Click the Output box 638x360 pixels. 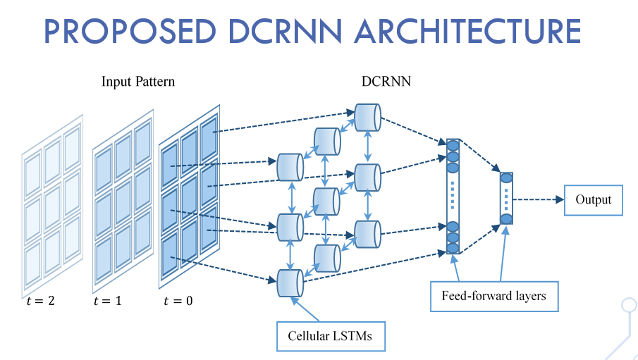coord(593,200)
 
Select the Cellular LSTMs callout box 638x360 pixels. coord(329,335)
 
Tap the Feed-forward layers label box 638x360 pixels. coord(493,296)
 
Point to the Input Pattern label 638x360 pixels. coord(138,82)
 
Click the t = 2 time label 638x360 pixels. coord(38,302)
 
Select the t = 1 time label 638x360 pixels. coord(107,302)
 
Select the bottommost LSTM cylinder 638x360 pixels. coord(290,283)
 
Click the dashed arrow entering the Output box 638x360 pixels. coord(539,200)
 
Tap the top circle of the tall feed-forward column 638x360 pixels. coord(453,146)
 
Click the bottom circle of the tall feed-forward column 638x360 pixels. coord(453,248)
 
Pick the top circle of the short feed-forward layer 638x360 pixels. coord(506,178)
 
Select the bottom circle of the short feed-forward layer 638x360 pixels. coord(506,219)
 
